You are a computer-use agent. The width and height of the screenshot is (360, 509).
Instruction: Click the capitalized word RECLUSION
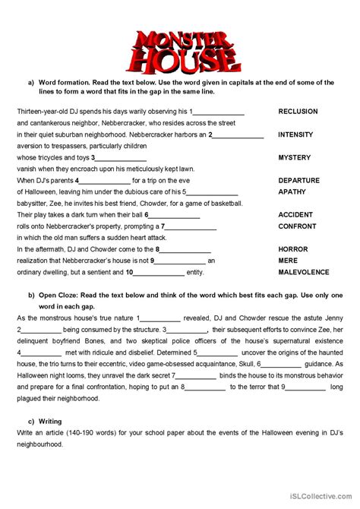coord(298,111)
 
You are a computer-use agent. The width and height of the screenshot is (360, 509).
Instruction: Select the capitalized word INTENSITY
coord(295,134)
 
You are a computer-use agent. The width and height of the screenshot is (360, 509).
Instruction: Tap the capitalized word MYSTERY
coord(295,157)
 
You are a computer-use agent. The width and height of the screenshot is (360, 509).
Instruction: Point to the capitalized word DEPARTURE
coord(298,181)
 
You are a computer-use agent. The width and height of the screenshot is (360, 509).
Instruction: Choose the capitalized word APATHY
coord(291,192)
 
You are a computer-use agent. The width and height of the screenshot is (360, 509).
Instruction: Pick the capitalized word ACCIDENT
coord(295,215)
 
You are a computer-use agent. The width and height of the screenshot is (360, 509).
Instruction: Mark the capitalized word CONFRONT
coord(297,226)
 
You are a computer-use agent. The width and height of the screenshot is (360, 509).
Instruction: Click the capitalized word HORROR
coord(293,249)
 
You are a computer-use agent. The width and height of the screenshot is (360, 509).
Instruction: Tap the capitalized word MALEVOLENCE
coord(304,272)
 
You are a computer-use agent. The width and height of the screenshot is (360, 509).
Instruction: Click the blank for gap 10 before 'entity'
coord(159,273)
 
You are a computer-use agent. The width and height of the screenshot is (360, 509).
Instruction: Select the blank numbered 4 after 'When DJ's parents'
coord(104,182)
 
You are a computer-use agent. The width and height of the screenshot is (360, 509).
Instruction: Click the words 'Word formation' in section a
coord(69,82)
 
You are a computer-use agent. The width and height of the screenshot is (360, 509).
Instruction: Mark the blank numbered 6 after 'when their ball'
coord(172,216)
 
